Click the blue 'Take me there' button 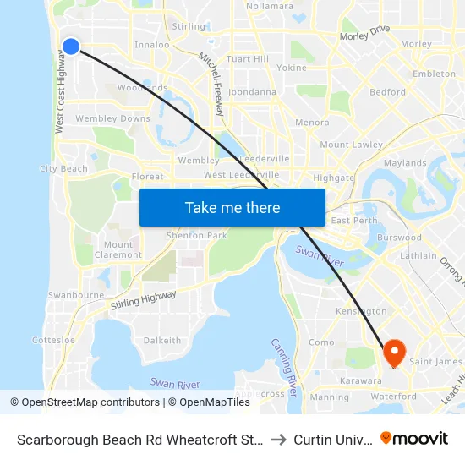[x=232, y=207]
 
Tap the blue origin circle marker [x=71, y=46]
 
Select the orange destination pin [x=394, y=351]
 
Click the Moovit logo [x=414, y=438]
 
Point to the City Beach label [x=63, y=169]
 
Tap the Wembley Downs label [x=112, y=119]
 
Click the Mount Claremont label [x=118, y=249]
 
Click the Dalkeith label [x=162, y=341]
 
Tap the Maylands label [x=405, y=162]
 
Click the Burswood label [x=399, y=238]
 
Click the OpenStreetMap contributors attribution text [x=86, y=402]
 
